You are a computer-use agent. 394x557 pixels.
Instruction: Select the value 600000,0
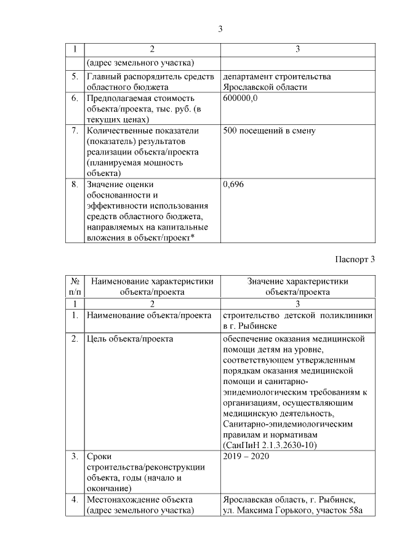[241, 98]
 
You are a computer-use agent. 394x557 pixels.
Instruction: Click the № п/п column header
[74, 286]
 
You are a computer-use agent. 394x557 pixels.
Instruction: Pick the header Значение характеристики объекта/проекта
[297, 286]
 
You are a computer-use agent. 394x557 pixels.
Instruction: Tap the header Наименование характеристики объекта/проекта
[153, 286]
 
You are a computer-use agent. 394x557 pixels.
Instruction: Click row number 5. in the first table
[74, 77]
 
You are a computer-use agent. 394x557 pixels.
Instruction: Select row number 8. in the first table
[74, 184]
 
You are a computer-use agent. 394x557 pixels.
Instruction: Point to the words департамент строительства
[276, 77]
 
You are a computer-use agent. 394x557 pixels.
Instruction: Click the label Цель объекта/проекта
[130, 339]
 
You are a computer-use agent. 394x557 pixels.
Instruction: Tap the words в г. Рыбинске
[249, 326]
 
